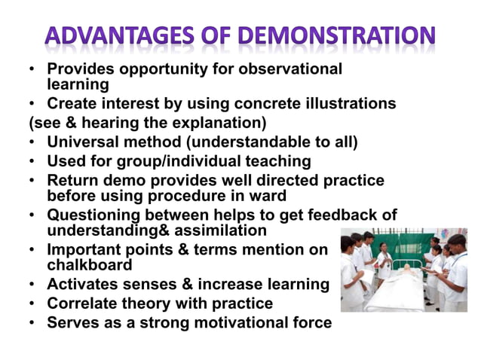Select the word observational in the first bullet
[290, 69]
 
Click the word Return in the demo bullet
[71, 180]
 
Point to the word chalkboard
[90, 265]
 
